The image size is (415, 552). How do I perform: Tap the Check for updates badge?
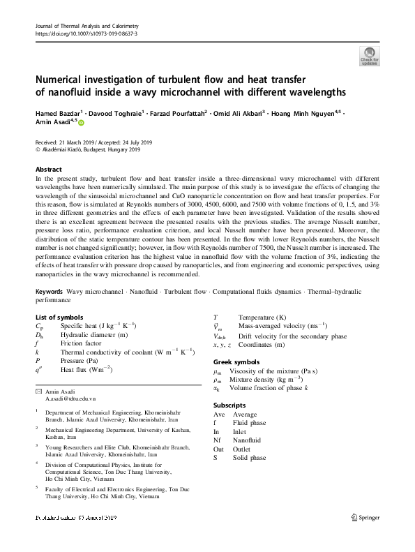pyautogui.click(x=368, y=55)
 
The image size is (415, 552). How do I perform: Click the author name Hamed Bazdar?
pyautogui.click(x=59, y=112)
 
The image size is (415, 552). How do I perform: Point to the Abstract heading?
pyautogui.click(x=48, y=170)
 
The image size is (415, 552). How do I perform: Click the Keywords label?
pyautogui.click(x=49, y=290)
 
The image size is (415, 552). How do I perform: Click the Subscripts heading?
pyautogui.click(x=229, y=405)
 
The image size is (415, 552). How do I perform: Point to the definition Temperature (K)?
pyautogui.click(x=262, y=317)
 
